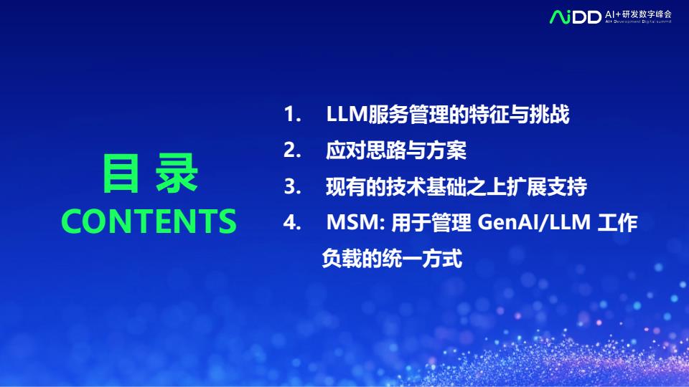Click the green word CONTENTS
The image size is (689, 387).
pos(149,221)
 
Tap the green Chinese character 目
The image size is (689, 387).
pos(121,173)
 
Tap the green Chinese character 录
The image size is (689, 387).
pos(177,173)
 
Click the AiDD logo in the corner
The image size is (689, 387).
pos(575,16)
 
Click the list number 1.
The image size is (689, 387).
pos(292,114)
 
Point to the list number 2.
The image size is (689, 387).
pos(292,150)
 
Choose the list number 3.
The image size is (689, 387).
pos(292,186)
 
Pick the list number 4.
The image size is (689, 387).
pos(292,222)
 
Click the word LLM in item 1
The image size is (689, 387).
pos(347,114)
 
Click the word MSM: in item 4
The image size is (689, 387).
pos(355,222)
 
